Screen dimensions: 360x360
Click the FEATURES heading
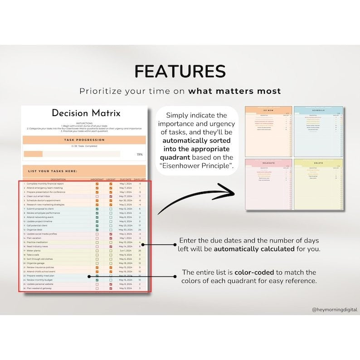click(x=180, y=71)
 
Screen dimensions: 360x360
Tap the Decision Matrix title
click(x=86, y=113)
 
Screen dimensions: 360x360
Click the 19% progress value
click(x=140, y=154)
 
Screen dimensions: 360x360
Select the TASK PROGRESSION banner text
click(x=85, y=140)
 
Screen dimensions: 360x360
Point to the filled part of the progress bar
click(x=33, y=154)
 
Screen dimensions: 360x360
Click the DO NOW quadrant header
click(x=268, y=111)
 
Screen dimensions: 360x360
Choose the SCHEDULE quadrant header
click(x=318, y=111)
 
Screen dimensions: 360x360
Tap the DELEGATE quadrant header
click(x=268, y=162)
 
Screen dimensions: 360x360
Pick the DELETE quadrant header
click(x=318, y=162)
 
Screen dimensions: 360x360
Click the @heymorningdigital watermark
click(x=334, y=309)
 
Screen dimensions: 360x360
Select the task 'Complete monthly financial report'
click(x=45, y=184)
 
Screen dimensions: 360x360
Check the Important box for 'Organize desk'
click(x=97, y=230)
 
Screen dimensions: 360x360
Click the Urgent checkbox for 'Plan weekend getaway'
click(x=111, y=288)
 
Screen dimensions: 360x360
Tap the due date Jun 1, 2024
click(x=126, y=251)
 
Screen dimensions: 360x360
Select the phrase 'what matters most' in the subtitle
click(x=234, y=91)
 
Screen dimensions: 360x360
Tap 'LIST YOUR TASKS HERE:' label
click(x=53, y=171)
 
